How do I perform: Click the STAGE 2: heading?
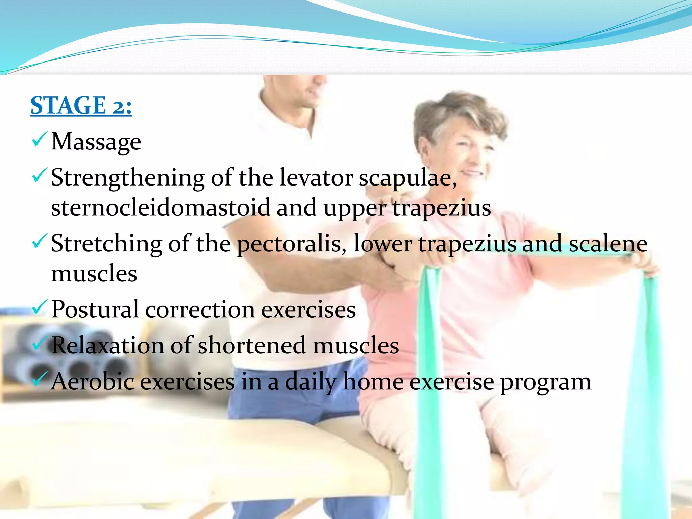81,105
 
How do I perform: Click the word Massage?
96,142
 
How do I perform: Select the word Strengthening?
127,178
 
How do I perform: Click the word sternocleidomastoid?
160,207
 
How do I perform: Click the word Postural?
95,310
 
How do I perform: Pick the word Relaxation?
107,345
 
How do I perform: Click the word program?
545,383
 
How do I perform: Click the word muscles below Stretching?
94,273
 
